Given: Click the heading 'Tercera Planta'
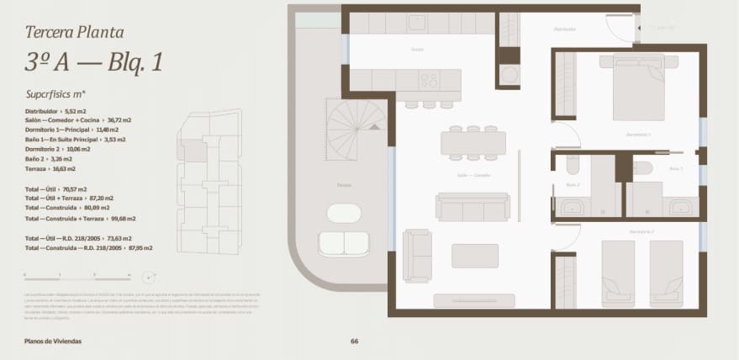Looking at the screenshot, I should click(x=75, y=33).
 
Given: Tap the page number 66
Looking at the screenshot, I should click(x=354, y=341).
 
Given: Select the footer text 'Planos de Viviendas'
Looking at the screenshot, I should click(x=54, y=341).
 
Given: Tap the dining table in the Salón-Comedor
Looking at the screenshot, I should click(x=472, y=143).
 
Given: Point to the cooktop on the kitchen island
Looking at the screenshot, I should click(x=429, y=81).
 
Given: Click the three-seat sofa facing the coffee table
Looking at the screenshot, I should click(x=472, y=207).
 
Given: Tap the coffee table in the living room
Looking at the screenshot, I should click(x=474, y=255).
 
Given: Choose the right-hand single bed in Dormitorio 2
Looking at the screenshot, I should click(x=666, y=273).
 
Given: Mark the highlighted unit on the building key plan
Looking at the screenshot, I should click(x=194, y=151).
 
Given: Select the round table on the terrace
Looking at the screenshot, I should click(x=343, y=214).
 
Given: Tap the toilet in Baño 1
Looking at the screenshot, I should click(x=642, y=167).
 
